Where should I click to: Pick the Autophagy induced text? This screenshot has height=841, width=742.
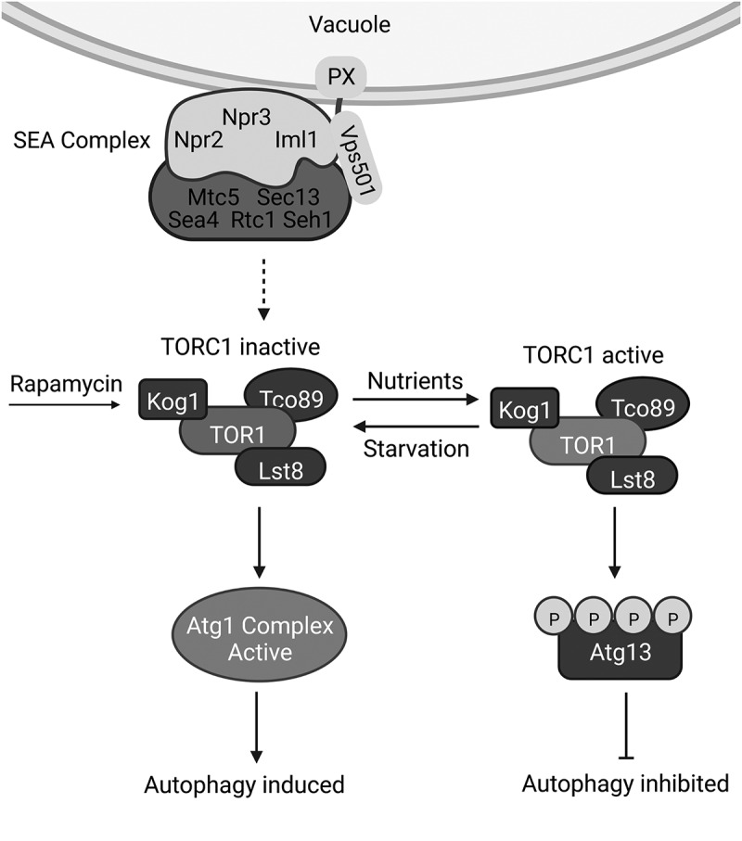click(244, 786)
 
